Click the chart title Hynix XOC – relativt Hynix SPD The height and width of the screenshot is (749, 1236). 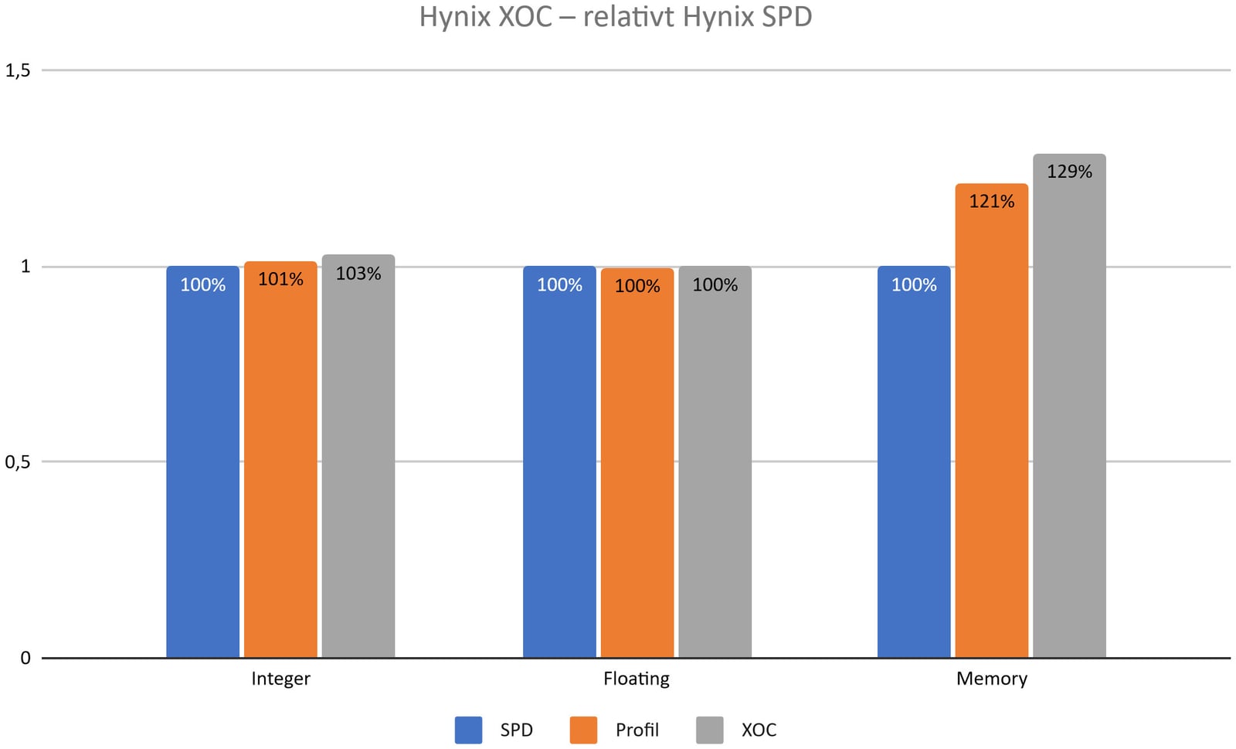tap(615, 17)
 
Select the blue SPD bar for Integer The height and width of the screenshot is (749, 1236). tap(202, 464)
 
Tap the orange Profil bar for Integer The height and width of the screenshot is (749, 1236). tap(280, 464)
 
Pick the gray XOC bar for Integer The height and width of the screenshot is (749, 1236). tap(358, 464)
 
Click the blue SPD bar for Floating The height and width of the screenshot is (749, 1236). tap(559, 464)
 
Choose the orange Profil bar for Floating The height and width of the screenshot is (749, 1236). tap(637, 464)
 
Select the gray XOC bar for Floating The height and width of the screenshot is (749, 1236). tap(715, 464)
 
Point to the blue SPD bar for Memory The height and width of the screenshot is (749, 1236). tap(914, 464)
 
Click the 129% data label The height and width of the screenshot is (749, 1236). tap(1070, 172)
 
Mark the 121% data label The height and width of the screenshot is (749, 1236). tap(992, 202)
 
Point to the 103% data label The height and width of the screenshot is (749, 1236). tap(358, 274)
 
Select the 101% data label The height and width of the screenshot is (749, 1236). tap(280, 279)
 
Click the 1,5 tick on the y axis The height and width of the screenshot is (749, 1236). tap(18, 70)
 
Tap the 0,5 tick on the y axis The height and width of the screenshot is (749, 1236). tap(18, 462)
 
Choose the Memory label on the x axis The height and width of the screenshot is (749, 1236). tap(992, 679)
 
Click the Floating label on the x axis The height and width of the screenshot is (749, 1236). tap(637, 679)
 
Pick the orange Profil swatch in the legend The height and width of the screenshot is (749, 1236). tap(584, 730)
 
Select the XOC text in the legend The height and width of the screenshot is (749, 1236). tap(759, 730)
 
